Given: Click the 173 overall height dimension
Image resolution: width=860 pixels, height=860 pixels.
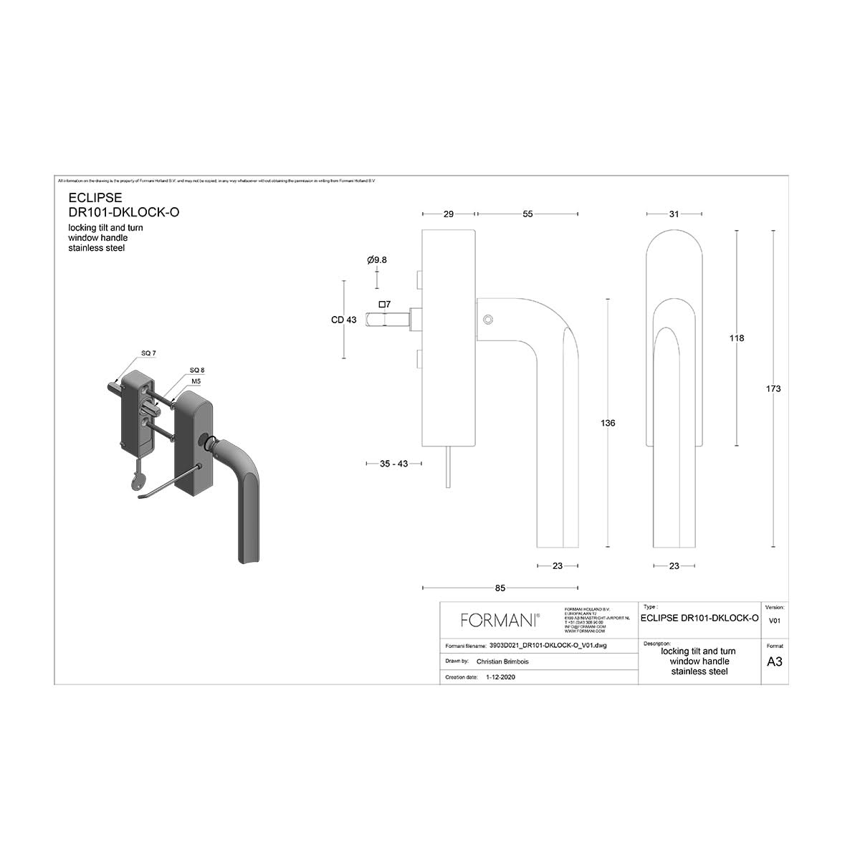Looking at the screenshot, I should click(773, 388).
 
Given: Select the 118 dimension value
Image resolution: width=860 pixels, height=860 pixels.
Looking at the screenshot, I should click(737, 338).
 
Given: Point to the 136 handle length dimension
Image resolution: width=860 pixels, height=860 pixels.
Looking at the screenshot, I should click(608, 423).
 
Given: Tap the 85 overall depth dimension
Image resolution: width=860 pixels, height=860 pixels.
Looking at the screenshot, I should click(500, 588).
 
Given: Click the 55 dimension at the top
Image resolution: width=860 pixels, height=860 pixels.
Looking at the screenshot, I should click(527, 214).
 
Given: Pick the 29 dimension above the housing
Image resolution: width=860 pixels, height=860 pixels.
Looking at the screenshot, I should click(449, 214).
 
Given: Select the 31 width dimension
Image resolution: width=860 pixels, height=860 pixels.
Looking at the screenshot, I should click(674, 214).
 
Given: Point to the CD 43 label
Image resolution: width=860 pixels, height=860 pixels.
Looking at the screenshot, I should click(344, 320).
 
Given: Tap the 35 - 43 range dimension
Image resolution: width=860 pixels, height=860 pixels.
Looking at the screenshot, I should click(393, 464).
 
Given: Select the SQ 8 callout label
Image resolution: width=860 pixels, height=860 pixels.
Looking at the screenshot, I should click(196, 370).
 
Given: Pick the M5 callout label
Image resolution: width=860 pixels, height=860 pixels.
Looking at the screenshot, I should click(196, 381).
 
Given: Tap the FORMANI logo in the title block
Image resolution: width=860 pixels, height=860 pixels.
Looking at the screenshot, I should click(500, 620).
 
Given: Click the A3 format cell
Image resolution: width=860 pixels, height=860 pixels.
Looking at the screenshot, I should click(774, 661).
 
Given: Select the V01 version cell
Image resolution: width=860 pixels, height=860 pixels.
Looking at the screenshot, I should click(774, 621).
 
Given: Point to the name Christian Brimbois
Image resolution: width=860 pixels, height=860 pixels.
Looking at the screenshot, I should click(502, 661).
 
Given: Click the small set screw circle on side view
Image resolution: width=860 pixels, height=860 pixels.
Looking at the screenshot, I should click(488, 320).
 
